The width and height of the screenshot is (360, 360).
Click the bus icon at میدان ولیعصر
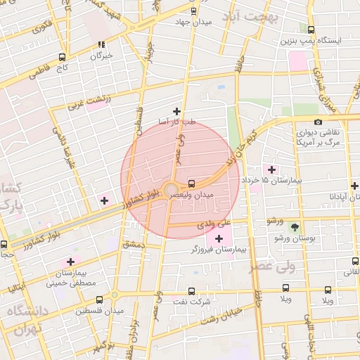[193, 183]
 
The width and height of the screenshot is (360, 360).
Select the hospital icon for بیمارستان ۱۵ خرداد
[271, 169]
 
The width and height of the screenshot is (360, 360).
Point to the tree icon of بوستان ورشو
[295, 227]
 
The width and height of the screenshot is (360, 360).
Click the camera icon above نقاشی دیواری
[318, 122]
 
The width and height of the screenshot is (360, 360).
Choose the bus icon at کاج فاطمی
[63, 57]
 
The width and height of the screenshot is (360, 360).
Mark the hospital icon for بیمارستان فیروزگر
[219, 238]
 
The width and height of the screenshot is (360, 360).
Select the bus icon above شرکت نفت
[191, 291]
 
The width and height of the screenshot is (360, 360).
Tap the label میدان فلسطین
[101, 310]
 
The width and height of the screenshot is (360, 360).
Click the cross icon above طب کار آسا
[176, 111]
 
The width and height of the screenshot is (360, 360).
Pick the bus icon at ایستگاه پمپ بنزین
[311, 30]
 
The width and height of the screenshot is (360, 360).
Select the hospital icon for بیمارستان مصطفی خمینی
[70, 262]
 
